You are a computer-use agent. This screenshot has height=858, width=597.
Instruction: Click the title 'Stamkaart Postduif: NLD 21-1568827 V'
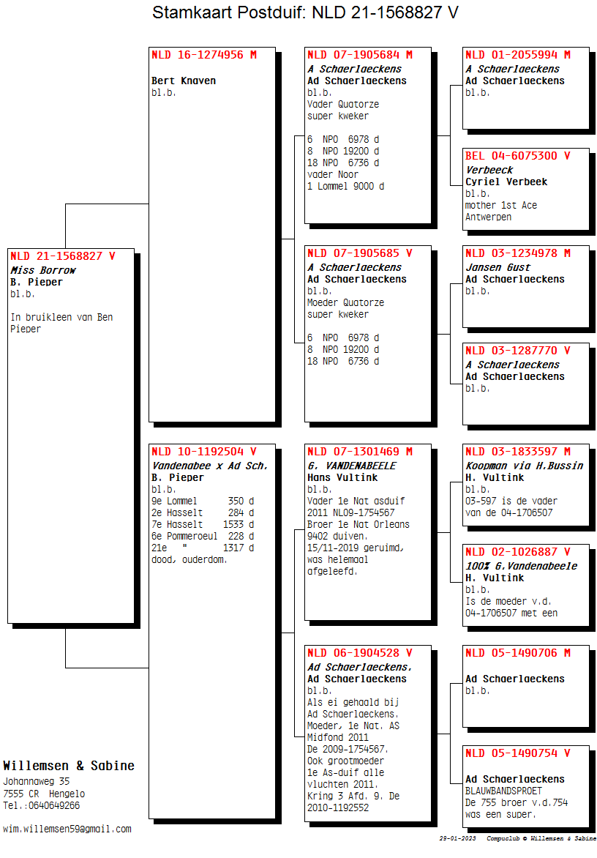click(305, 12)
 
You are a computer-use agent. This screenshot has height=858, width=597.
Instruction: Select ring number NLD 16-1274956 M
click(204, 55)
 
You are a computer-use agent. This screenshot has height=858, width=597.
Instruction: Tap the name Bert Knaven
click(184, 81)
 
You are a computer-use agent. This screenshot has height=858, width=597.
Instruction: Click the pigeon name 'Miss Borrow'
click(43, 270)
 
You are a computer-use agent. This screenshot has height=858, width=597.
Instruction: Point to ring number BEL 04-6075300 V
click(518, 156)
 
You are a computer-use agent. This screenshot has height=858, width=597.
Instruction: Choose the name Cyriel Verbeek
click(506, 182)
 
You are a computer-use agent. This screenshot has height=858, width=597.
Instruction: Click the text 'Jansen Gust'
click(498, 268)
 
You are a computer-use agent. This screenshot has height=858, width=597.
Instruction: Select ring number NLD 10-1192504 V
click(204, 452)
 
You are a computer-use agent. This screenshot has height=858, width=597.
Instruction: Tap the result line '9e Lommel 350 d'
click(203, 501)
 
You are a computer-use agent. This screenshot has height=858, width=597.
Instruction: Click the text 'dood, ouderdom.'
click(189, 560)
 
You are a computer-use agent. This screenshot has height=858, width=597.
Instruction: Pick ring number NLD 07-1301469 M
click(360, 452)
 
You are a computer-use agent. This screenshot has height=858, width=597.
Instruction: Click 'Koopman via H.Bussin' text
click(525, 466)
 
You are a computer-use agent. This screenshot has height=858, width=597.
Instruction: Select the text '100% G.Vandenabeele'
click(521, 566)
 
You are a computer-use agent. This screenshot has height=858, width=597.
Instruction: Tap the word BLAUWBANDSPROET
click(503, 791)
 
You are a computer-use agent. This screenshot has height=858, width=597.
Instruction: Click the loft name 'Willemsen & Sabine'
click(69, 766)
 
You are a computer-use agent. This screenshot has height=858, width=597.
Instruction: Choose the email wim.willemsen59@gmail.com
click(67, 829)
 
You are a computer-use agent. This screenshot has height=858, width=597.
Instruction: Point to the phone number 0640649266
click(54, 805)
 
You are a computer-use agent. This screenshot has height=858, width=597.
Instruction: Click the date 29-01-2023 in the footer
click(457, 838)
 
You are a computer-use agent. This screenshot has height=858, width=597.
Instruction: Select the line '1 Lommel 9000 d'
click(345, 186)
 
